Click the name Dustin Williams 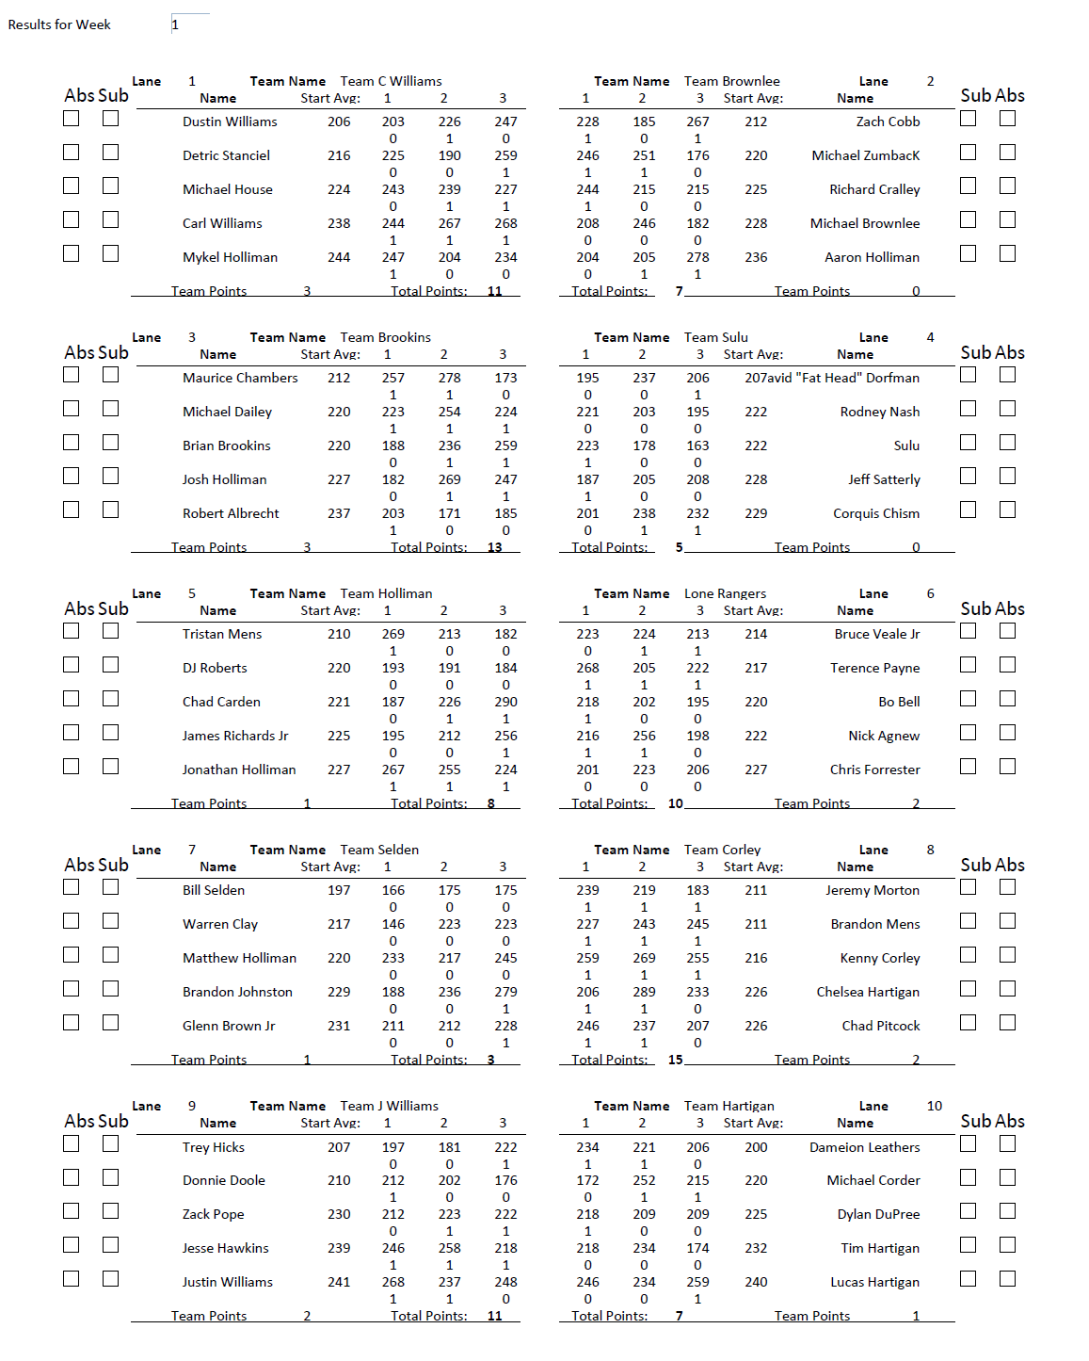(230, 122)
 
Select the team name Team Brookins (385, 337)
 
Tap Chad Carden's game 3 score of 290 (505, 702)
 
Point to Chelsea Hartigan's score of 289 (644, 992)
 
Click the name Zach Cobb (888, 122)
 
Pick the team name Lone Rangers (725, 593)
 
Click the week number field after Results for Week (189, 24)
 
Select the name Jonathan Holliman (239, 770)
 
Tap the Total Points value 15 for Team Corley (675, 1060)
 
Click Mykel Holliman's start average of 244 (339, 257)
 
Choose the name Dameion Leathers (864, 1147)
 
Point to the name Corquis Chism (876, 513)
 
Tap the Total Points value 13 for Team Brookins (494, 547)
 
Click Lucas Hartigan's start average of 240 (756, 1282)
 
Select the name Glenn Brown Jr (229, 1026)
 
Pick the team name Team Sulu (715, 337)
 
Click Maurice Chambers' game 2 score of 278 (449, 378)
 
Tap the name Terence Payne (874, 668)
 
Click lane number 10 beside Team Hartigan (934, 1106)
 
